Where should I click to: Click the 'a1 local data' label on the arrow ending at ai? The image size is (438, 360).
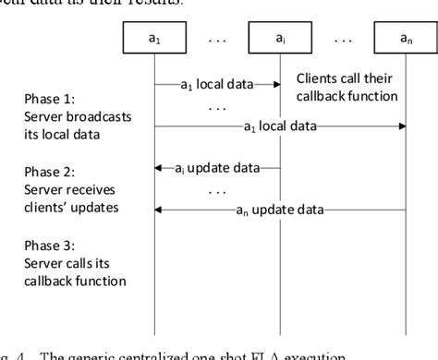[x=216, y=84]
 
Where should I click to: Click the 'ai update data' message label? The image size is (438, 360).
[x=218, y=168]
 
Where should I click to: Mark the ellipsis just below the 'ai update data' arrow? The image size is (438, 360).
[x=216, y=189]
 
